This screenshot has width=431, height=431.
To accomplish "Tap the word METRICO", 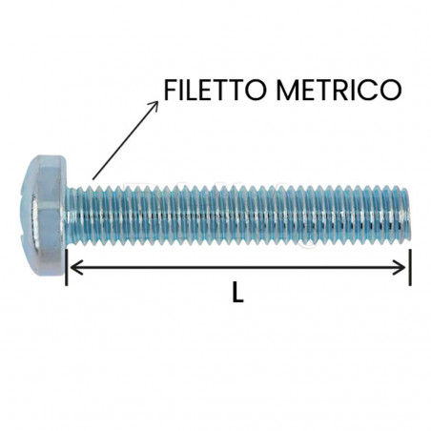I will click(x=336, y=91).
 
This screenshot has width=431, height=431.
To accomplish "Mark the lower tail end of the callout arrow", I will click(x=92, y=177).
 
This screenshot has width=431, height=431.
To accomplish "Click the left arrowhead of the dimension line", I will click(x=72, y=268).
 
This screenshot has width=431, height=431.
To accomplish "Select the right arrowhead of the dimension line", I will click(x=403, y=268).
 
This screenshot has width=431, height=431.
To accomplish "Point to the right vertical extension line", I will click(x=410, y=266).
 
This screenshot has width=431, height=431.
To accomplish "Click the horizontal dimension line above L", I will click(x=238, y=268).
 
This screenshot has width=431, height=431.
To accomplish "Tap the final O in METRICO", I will click(x=388, y=91).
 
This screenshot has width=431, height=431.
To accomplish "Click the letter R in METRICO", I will click(x=338, y=91).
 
